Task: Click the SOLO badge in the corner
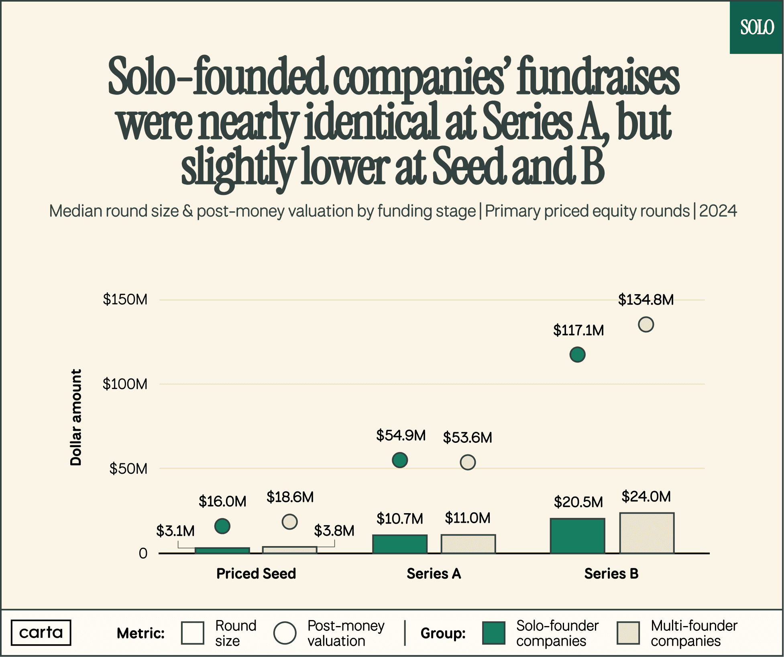coord(757,27)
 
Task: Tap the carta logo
coord(41,632)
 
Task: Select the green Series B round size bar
coord(577,536)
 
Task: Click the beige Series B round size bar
coord(647,533)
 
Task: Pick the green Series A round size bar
coord(400,544)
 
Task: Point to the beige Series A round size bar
coord(468,544)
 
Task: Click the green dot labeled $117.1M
coord(577,354)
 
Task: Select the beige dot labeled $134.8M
coord(646,324)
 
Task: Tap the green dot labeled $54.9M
coord(400,460)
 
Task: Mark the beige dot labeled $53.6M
coord(468,462)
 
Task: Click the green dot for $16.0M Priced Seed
coord(222,526)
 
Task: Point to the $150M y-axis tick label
coord(125,300)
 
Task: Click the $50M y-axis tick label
coord(128,469)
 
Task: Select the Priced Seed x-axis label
coord(256,573)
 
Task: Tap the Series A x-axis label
coord(434,573)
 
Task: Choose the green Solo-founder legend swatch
coord(494,633)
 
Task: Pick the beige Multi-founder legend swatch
coord(628,633)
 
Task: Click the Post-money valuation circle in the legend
coord(285,633)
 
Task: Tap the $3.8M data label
coord(334,531)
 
